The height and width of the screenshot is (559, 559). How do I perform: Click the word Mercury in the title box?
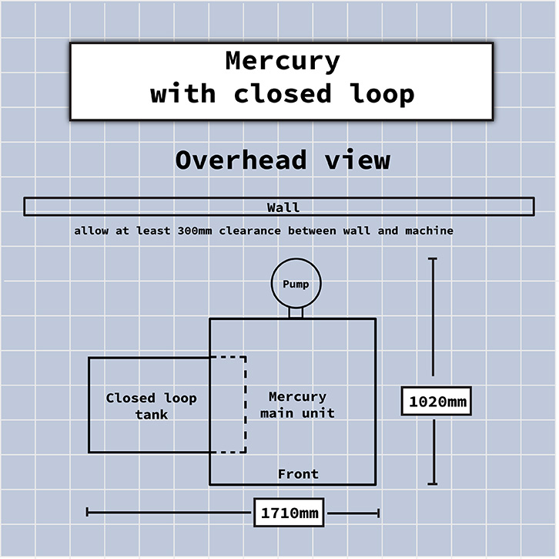(282, 61)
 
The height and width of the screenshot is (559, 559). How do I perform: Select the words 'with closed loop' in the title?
(282, 94)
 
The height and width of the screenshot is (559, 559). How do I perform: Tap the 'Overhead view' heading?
(282, 160)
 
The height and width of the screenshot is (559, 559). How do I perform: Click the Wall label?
(283, 207)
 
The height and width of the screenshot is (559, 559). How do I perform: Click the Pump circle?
(296, 285)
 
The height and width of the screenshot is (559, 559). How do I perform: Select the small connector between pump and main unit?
(296, 313)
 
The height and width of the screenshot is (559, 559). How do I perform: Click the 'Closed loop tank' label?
(151, 406)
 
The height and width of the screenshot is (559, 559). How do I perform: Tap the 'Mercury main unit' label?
(297, 405)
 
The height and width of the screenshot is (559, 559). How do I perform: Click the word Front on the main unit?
(298, 473)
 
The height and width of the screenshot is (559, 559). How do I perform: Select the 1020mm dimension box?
(437, 401)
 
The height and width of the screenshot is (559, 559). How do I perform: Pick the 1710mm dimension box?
(289, 512)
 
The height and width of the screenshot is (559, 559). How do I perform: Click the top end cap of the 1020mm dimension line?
(433, 260)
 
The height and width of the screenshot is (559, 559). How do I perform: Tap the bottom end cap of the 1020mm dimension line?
(433, 483)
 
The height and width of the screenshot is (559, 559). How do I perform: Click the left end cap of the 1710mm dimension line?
(88, 512)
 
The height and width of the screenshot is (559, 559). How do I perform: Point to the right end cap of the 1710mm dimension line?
(378, 512)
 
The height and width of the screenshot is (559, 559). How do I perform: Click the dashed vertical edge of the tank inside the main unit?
(245, 405)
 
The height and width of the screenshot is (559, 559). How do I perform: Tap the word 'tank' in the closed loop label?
(151, 415)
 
